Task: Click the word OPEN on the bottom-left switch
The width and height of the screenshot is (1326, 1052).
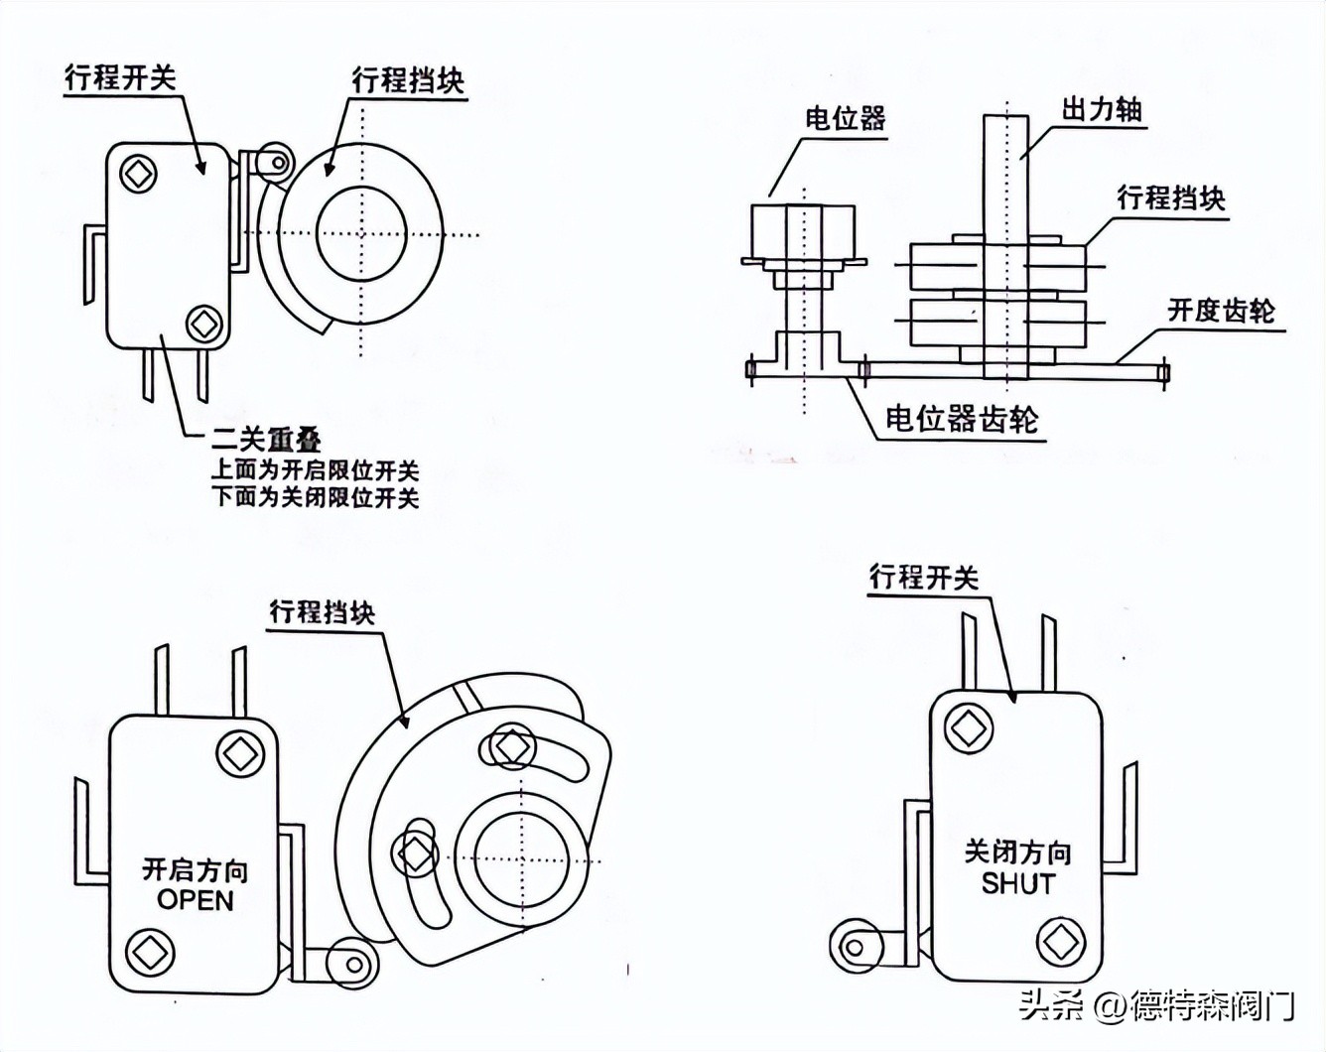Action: pyautogui.click(x=196, y=900)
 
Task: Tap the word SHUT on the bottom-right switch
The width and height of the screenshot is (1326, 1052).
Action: pyautogui.click(x=1018, y=882)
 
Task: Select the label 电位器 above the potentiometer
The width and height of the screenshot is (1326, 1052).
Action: pyautogui.click(x=845, y=119)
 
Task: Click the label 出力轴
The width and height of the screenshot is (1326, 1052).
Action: pyautogui.click(x=1102, y=108)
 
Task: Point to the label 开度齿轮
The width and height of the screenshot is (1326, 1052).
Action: pyautogui.click(x=1221, y=310)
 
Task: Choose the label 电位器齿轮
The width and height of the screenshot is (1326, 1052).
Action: pyautogui.click(x=962, y=419)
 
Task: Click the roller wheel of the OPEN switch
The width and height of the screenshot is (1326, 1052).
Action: pyautogui.click(x=351, y=963)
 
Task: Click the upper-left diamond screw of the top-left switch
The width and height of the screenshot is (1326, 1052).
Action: pyautogui.click(x=138, y=174)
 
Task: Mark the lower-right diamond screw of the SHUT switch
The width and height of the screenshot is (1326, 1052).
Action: pyautogui.click(x=1059, y=940)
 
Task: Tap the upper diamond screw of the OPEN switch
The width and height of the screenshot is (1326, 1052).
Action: pyautogui.click(x=239, y=753)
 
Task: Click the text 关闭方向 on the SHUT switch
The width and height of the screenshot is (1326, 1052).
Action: pyautogui.click(x=1017, y=852)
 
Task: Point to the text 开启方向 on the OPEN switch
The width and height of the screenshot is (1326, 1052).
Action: pyautogui.click(x=196, y=870)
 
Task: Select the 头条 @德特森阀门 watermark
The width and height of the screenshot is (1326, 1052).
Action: pyautogui.click(x=1156, y=1006)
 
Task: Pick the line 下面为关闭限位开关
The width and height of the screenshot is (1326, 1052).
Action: pyautogui.click(x=315, y=497)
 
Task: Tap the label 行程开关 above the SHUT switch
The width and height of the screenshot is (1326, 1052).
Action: pyautogui.click(x=923, y=577)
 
